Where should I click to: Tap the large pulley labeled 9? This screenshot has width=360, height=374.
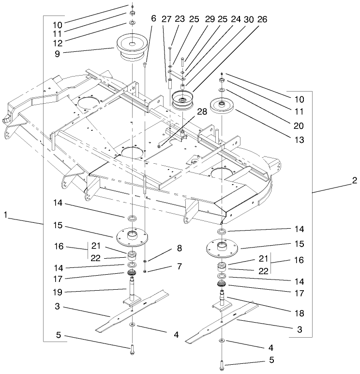coord(131,48)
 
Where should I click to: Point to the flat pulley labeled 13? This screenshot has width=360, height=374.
coord(222,106)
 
